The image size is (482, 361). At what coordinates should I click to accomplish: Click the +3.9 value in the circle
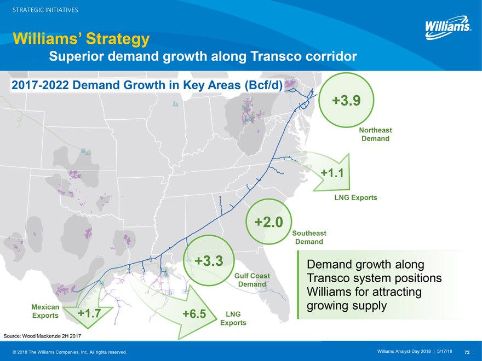click(x=346, y=100)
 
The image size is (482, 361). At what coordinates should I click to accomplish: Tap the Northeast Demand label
click(x=375, y=134)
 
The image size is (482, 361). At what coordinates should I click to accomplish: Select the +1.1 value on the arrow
click(x=332, y=173)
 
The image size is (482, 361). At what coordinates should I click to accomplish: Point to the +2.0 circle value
click(x=269, y=222)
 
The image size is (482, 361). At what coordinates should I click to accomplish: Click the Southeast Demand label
click(x=309, y=237)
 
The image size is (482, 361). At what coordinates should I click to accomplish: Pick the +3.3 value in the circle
click(x=209, y=260)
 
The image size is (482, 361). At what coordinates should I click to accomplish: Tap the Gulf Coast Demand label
click(x=252, y=280)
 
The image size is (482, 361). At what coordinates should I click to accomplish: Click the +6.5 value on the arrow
click(x=194, y=314)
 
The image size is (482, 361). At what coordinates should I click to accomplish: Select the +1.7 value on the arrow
click(x=89, y=313)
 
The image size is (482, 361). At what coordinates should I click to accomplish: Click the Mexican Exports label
click(x=45, y=311)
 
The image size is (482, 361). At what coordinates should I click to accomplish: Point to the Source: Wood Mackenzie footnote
click(x=42, y=336)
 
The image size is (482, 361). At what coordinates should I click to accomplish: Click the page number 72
click(x=467, y=352)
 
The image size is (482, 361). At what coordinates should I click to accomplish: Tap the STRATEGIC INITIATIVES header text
click(x=45, y=10)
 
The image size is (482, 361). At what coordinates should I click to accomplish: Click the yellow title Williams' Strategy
click(x=81, y=39)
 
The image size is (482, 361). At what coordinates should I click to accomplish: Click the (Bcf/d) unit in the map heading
click(x=263, y=85)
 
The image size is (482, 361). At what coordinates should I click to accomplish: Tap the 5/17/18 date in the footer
click(x=445, y=351)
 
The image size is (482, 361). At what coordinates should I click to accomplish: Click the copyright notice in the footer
click(x=70, y=352)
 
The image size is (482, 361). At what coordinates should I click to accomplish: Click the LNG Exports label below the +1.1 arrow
click(x=355, y=197)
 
